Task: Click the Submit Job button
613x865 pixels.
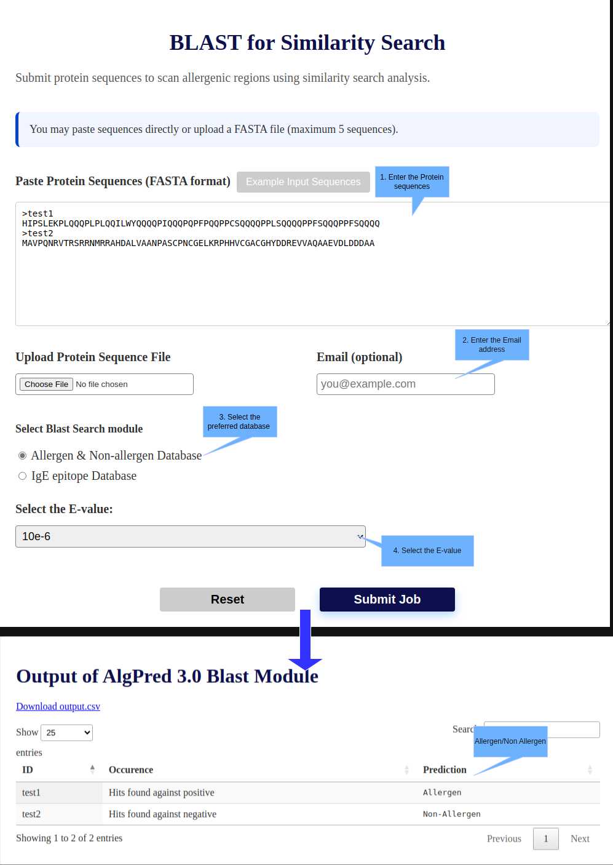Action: (387, 599)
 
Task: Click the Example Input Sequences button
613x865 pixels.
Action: (303, 181)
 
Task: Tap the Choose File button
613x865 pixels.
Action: (47, 384)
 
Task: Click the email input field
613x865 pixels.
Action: (405, 384)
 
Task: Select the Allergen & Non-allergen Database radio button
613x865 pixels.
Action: (23, 455)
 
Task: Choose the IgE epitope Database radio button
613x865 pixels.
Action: (23, 476)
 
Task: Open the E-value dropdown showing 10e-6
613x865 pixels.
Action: (190, 536)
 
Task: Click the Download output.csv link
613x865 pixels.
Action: (58, 706)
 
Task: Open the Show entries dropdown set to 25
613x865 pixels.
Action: (66, 732)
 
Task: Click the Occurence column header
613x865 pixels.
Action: (131, 770)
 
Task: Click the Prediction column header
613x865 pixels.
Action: (445, 770)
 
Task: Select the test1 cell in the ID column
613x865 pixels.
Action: (31, 792)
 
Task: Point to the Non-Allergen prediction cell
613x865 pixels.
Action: (451, 814)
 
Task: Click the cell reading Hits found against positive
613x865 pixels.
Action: (161, 792)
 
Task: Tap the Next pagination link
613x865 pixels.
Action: (580, 839)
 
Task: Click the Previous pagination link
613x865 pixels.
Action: (504, 839)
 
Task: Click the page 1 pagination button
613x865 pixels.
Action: (545, 839)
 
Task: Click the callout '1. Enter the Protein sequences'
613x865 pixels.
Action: (412, 181)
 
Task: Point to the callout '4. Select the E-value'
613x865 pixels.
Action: (427, 551)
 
